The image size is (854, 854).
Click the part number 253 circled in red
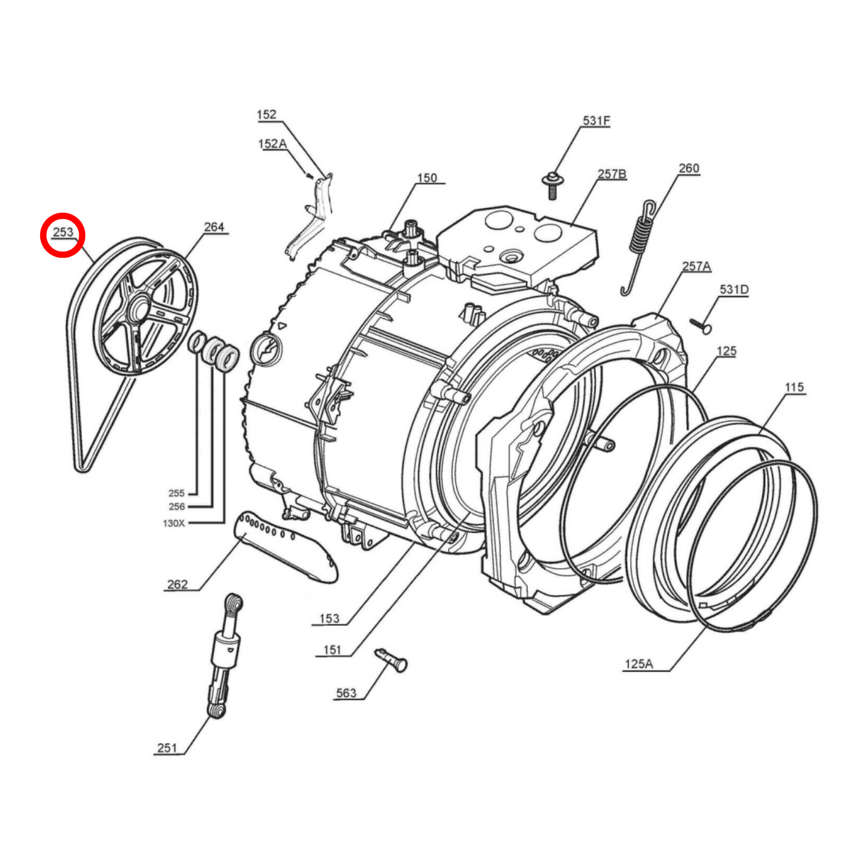pos(63,232)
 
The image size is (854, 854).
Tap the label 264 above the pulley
pos(214,227)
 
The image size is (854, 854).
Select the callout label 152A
pos(272,144)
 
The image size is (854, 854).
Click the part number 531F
pos(596,121)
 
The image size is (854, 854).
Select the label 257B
pos(612,174)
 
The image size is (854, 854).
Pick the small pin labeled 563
pos(391,660)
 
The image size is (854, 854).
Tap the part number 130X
pos(174,523)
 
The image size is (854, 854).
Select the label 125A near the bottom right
pos(639,664)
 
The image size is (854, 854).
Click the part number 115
pos(794,387)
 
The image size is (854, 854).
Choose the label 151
pos(332,650)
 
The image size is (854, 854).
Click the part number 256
pos(177,506)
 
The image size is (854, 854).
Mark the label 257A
pos(696,267)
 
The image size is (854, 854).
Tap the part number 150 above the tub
pos(427,178)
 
